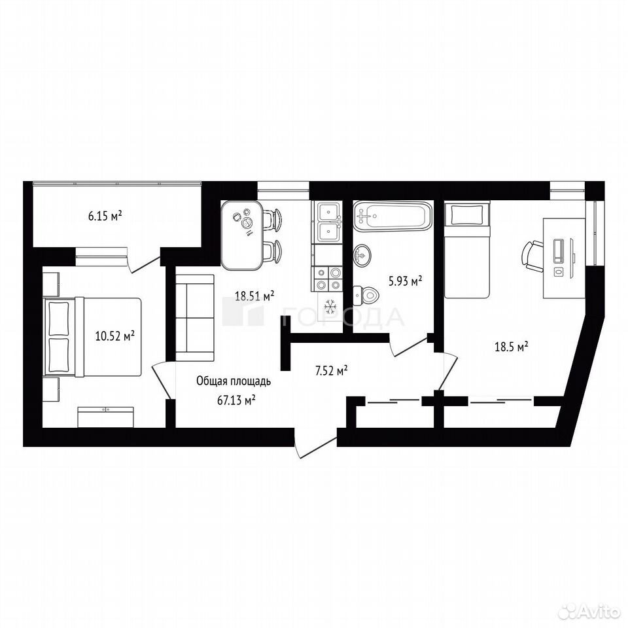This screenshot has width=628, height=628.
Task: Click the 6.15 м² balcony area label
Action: coord(105,217)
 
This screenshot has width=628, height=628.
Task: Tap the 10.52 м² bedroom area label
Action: coord(114,335)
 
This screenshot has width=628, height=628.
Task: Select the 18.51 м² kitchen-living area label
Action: coord(254,296)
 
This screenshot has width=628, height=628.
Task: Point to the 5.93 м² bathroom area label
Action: coord(406,281)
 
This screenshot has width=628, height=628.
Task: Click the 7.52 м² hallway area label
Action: coord(331,371)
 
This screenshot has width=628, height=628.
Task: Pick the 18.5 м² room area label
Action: coord(512,347)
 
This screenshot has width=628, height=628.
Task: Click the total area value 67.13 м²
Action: coord(236,400)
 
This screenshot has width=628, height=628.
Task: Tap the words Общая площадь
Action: coord(234,381)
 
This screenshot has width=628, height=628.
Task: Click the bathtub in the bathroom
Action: coord(392,217)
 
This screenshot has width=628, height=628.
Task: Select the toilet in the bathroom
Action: coord(366,295)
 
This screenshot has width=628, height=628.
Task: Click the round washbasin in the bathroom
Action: coord(362,254)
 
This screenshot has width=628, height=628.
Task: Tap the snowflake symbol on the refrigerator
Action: coord(330,306)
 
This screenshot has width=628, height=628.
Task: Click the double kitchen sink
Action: coord(328,222)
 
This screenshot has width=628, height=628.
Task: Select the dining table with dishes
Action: coord(242,235)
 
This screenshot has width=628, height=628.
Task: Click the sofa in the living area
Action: coord(195,318)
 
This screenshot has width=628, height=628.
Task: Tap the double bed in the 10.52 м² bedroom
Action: coord(92,337)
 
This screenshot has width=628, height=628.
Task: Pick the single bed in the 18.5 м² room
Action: coord(466,251)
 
